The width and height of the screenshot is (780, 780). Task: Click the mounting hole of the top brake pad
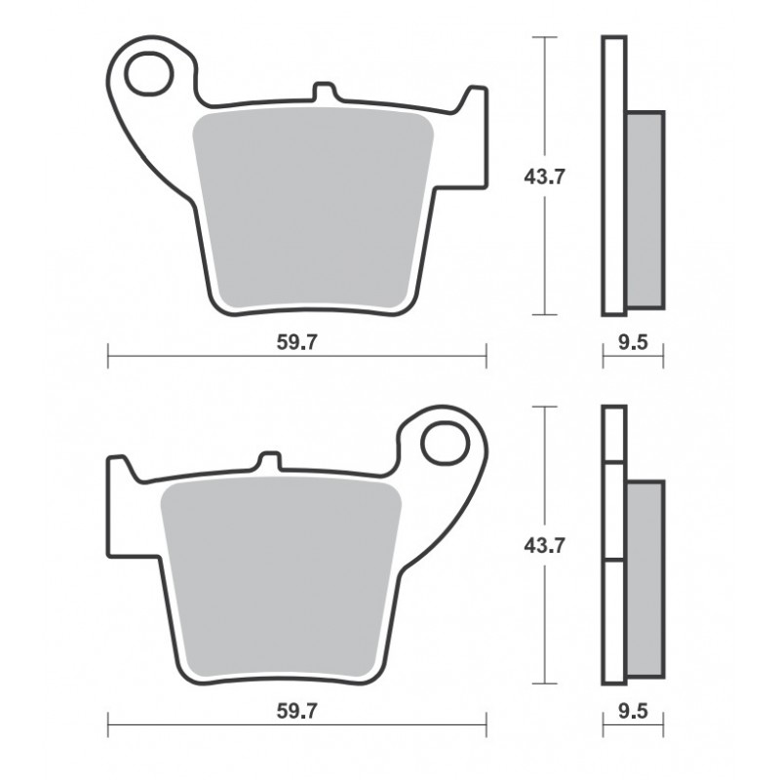point(149,73)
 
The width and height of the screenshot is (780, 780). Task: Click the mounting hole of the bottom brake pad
point(445,444)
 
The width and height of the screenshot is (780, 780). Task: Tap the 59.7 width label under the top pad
point(296,342)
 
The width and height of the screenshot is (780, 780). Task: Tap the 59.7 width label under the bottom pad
point(296,712)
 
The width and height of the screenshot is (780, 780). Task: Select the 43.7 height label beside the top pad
point(545,176)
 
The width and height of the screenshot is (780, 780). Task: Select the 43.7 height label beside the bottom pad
point(545,546)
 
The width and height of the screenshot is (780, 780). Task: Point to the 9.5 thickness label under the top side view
point(633,342)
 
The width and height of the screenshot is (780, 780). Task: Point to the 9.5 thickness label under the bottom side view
point(633,712)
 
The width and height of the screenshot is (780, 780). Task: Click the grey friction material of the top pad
point(313,209)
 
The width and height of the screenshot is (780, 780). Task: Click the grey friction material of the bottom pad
point(281,578)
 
